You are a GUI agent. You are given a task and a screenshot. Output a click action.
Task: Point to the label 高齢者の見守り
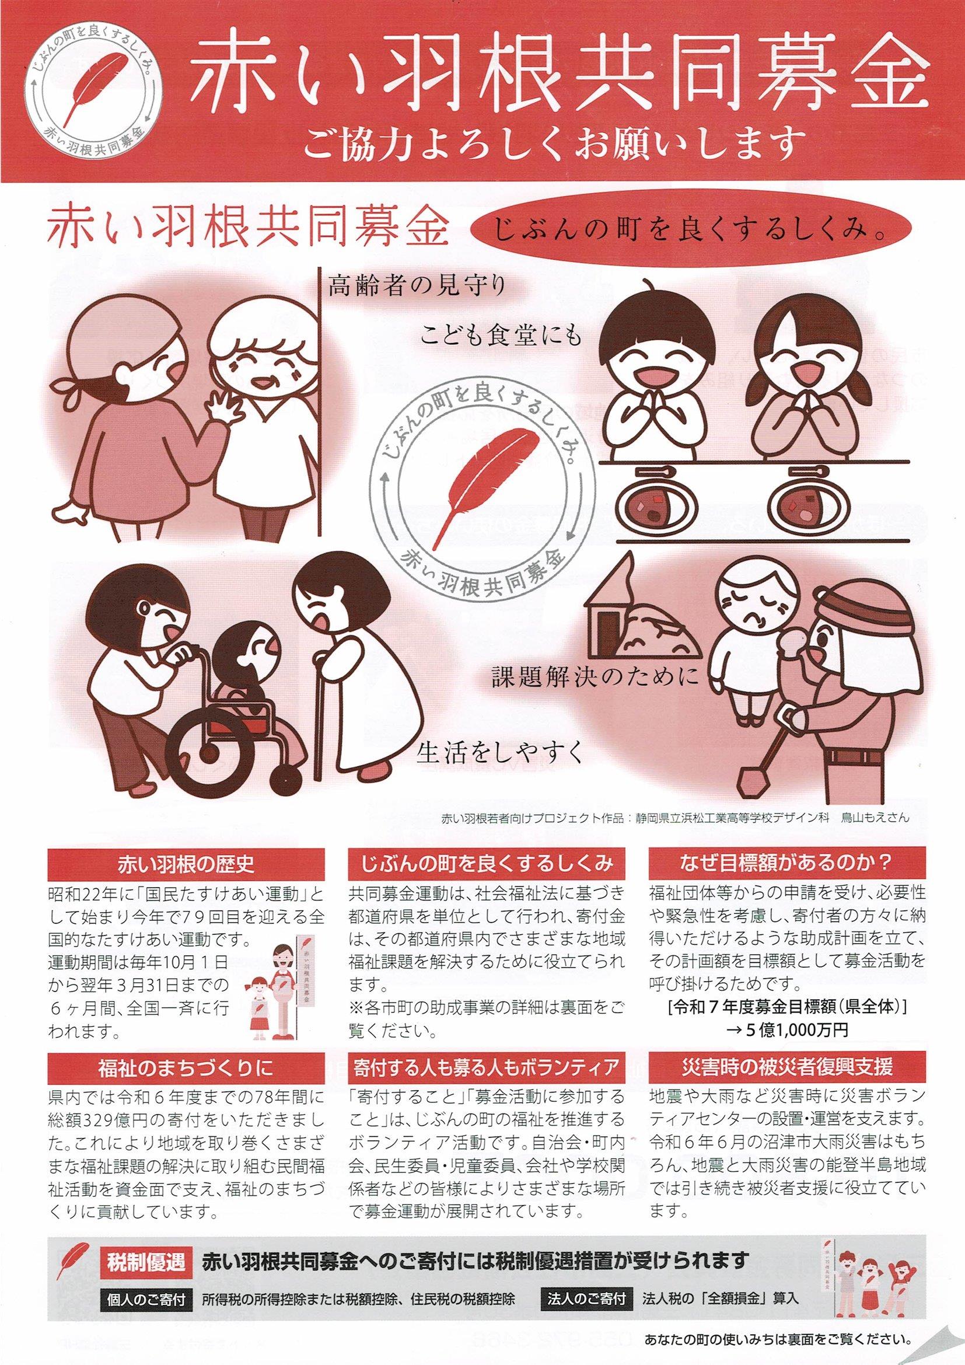coord(416,287)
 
